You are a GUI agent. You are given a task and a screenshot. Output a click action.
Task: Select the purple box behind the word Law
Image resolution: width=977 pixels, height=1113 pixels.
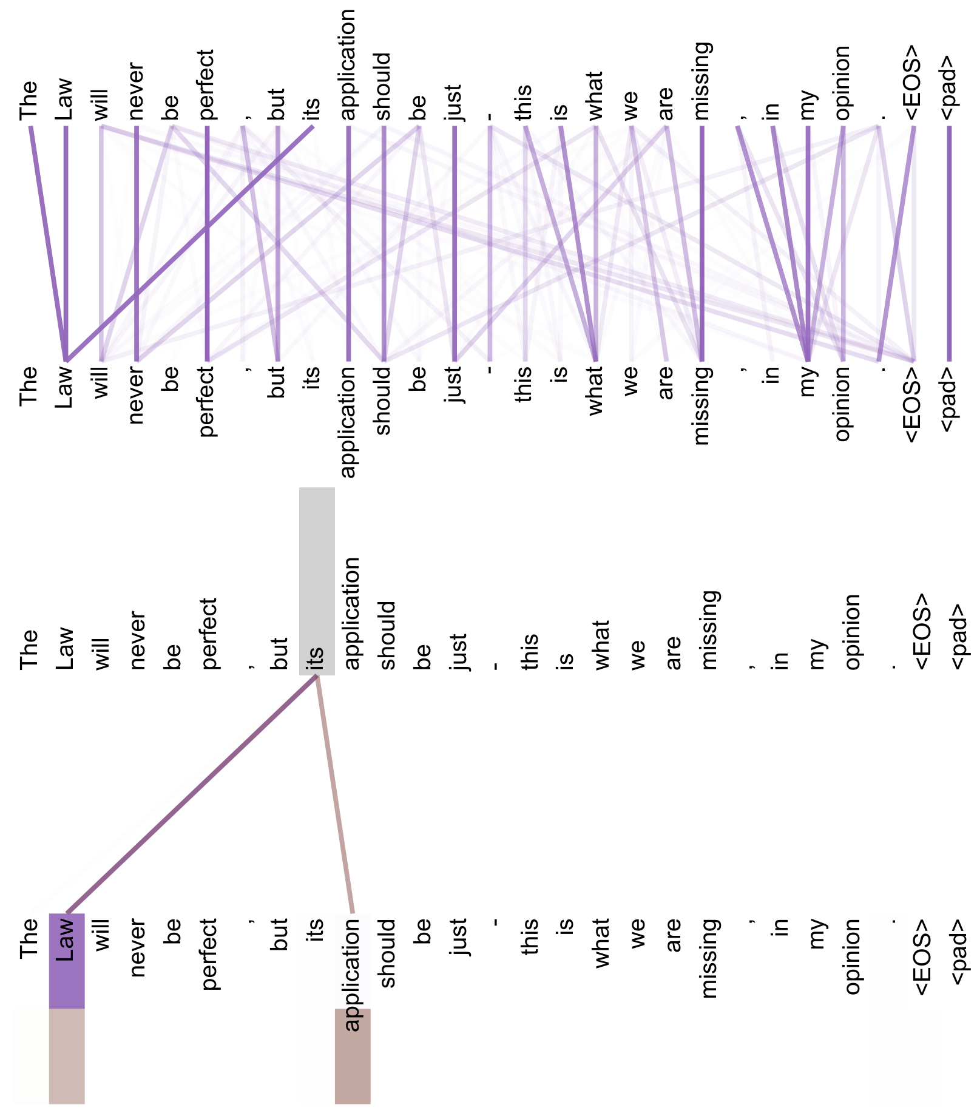click(x=66, y=961)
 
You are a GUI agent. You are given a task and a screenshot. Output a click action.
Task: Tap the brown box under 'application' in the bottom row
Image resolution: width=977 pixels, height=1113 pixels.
click(x=353, y=1056)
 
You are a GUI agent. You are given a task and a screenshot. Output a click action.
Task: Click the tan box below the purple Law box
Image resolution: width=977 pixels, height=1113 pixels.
click(x=66, y=1056)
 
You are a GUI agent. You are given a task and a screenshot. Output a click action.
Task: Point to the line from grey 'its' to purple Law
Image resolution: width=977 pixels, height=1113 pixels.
click(x=191, y=795)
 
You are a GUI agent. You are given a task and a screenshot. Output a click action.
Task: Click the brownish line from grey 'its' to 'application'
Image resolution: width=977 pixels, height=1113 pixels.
click(x=334, y=795)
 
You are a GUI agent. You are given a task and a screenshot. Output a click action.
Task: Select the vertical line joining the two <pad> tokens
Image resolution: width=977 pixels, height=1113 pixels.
click(x=949, y=243)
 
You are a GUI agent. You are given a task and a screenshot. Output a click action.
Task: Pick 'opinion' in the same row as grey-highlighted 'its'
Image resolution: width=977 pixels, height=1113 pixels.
click(x=852, y=632)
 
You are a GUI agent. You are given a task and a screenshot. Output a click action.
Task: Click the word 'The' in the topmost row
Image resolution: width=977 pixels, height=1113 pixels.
click(x=29, y=101)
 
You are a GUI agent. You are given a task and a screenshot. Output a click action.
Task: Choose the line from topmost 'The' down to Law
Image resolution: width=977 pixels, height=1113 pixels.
click(x=49, y=243)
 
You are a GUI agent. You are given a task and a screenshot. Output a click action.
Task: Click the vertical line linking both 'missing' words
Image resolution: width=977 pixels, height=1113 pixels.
click(x=701, y=243)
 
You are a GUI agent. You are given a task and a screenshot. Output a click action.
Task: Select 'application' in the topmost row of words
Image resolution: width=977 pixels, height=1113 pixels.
click(x=348, y=65)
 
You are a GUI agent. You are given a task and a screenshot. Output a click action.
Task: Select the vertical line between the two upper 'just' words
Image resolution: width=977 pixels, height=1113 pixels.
click(x=454, y=243)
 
